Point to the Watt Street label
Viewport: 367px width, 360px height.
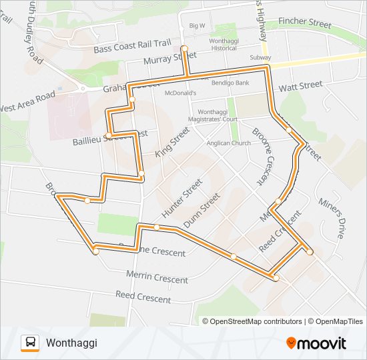pos(300,86)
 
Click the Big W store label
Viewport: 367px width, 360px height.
pos(197,26)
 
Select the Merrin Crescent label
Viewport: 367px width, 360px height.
pos(157,277)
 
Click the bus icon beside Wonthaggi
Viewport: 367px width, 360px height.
pos(30,343)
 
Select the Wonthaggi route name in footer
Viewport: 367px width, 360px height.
pos(71,343)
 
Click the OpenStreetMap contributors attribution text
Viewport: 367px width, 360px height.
pos(256,321)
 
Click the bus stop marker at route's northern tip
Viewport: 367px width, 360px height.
pos(185,48)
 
